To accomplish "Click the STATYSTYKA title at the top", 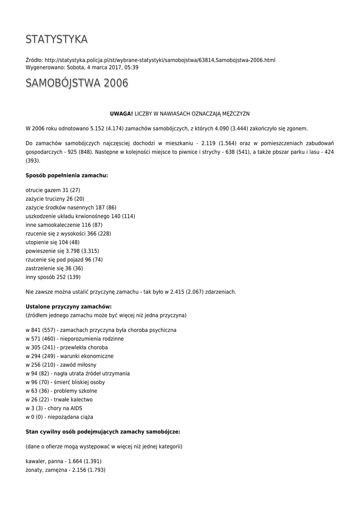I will pos(57,39).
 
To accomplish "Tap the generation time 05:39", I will pos(132,67).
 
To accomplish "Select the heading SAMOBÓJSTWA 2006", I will pos(76,83).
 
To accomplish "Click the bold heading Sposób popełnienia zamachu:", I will pos(67,176).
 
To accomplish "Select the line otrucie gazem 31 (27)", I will pos(53,190).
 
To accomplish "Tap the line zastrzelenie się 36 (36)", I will pos(54,268).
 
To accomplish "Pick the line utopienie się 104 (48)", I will pos(53,242).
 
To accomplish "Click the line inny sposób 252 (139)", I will pos(53,277).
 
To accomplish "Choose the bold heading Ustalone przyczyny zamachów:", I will pos(69,307).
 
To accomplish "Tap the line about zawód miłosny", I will pos(61,365).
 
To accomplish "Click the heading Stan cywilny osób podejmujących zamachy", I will pos(103,432).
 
